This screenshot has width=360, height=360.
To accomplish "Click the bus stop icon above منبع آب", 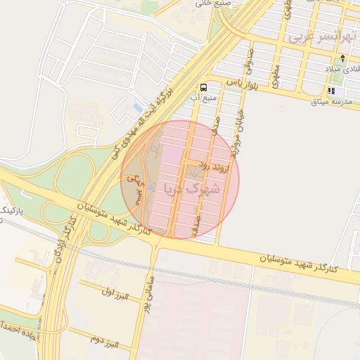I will click(203, 87).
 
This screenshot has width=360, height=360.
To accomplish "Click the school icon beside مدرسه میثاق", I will click(330, 91).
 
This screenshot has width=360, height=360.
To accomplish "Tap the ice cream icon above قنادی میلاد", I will click(342, 59).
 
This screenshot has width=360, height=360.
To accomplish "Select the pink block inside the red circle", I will click(172, 153).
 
